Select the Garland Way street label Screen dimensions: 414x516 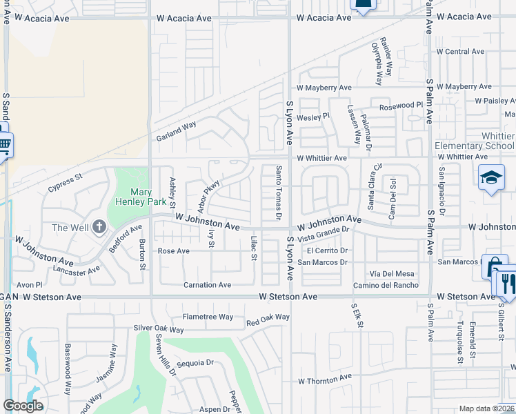(x=175, y=130)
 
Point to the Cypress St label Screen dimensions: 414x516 (x=65, y=182)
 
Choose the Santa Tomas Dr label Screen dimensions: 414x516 (x=279, y=193)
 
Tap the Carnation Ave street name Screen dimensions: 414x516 (x=207, y=285)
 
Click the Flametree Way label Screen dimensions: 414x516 (x=208, y=317)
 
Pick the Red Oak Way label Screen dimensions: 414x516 (x=268, y=318)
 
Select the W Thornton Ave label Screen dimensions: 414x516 (x=324, y=379)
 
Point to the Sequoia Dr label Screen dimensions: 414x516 (x=195, y=362)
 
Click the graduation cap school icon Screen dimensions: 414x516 (x=491, y=177)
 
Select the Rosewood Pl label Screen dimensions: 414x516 (x=401, y=106)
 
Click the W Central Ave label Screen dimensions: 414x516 (x=460, y=52)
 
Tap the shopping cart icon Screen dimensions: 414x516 (x=4, y=146)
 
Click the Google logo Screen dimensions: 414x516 (x=23, y=406)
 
